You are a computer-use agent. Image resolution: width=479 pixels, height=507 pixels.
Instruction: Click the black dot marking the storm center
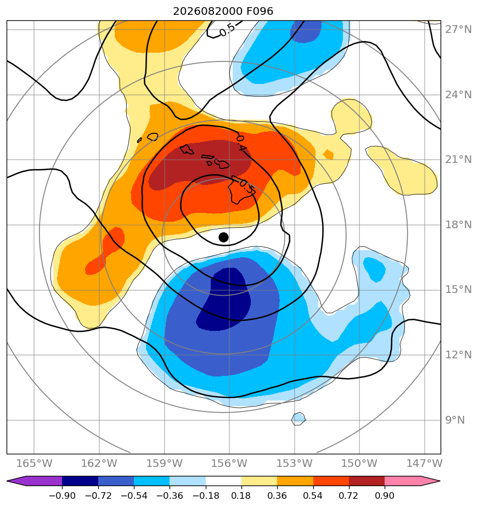pos(223,237)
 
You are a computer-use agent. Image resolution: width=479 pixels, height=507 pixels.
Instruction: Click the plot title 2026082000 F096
pos(223,12)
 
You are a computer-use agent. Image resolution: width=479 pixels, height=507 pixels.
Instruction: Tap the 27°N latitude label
pos(458,30)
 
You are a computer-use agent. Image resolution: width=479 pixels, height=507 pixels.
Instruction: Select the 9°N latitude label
pos(455,420)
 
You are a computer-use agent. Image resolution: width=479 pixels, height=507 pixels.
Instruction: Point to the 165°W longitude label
pos(34,463)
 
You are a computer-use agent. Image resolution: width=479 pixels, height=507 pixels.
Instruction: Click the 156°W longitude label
pos(229,463)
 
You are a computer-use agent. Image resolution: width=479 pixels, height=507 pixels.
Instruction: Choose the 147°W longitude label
pos(424,463)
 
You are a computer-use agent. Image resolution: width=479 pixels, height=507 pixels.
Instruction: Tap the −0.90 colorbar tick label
pos(62,495)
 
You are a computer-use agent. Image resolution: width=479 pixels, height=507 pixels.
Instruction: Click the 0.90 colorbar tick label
pos(385,495)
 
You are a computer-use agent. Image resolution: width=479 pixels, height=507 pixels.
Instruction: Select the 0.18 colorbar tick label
pos(241,495)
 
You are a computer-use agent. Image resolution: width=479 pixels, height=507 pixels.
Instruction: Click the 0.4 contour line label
pos(241,143)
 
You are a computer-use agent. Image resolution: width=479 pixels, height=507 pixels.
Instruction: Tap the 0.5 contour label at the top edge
pos(227,30)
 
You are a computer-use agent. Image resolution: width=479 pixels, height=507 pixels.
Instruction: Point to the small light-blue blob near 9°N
pos(298,419)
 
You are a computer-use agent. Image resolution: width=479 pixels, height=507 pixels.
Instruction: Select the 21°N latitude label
pos(458,160)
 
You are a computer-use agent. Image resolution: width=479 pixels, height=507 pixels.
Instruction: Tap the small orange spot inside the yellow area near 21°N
pos(328,155)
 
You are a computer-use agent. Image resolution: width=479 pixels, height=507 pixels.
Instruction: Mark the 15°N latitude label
pos(458,289)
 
